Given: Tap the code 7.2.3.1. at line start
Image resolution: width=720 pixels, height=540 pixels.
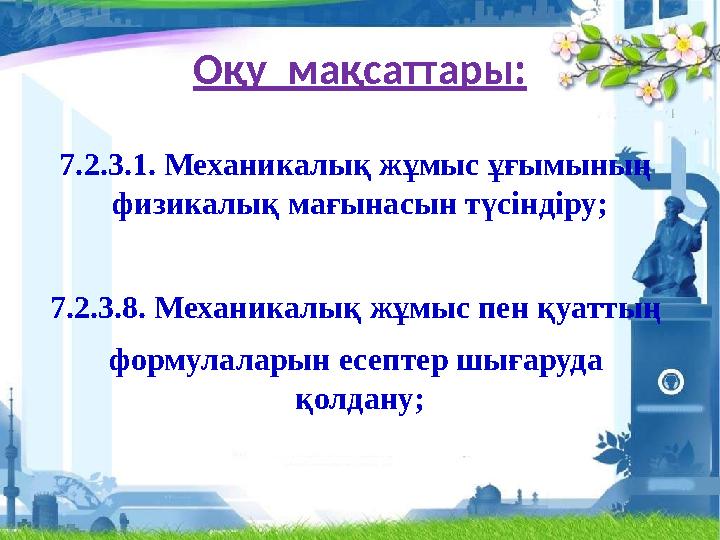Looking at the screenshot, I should (x=106, y=165).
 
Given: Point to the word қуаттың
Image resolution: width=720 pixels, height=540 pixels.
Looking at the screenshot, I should (x=604, y=304).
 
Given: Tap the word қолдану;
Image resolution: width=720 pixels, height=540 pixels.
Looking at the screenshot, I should (x=359, y=399).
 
